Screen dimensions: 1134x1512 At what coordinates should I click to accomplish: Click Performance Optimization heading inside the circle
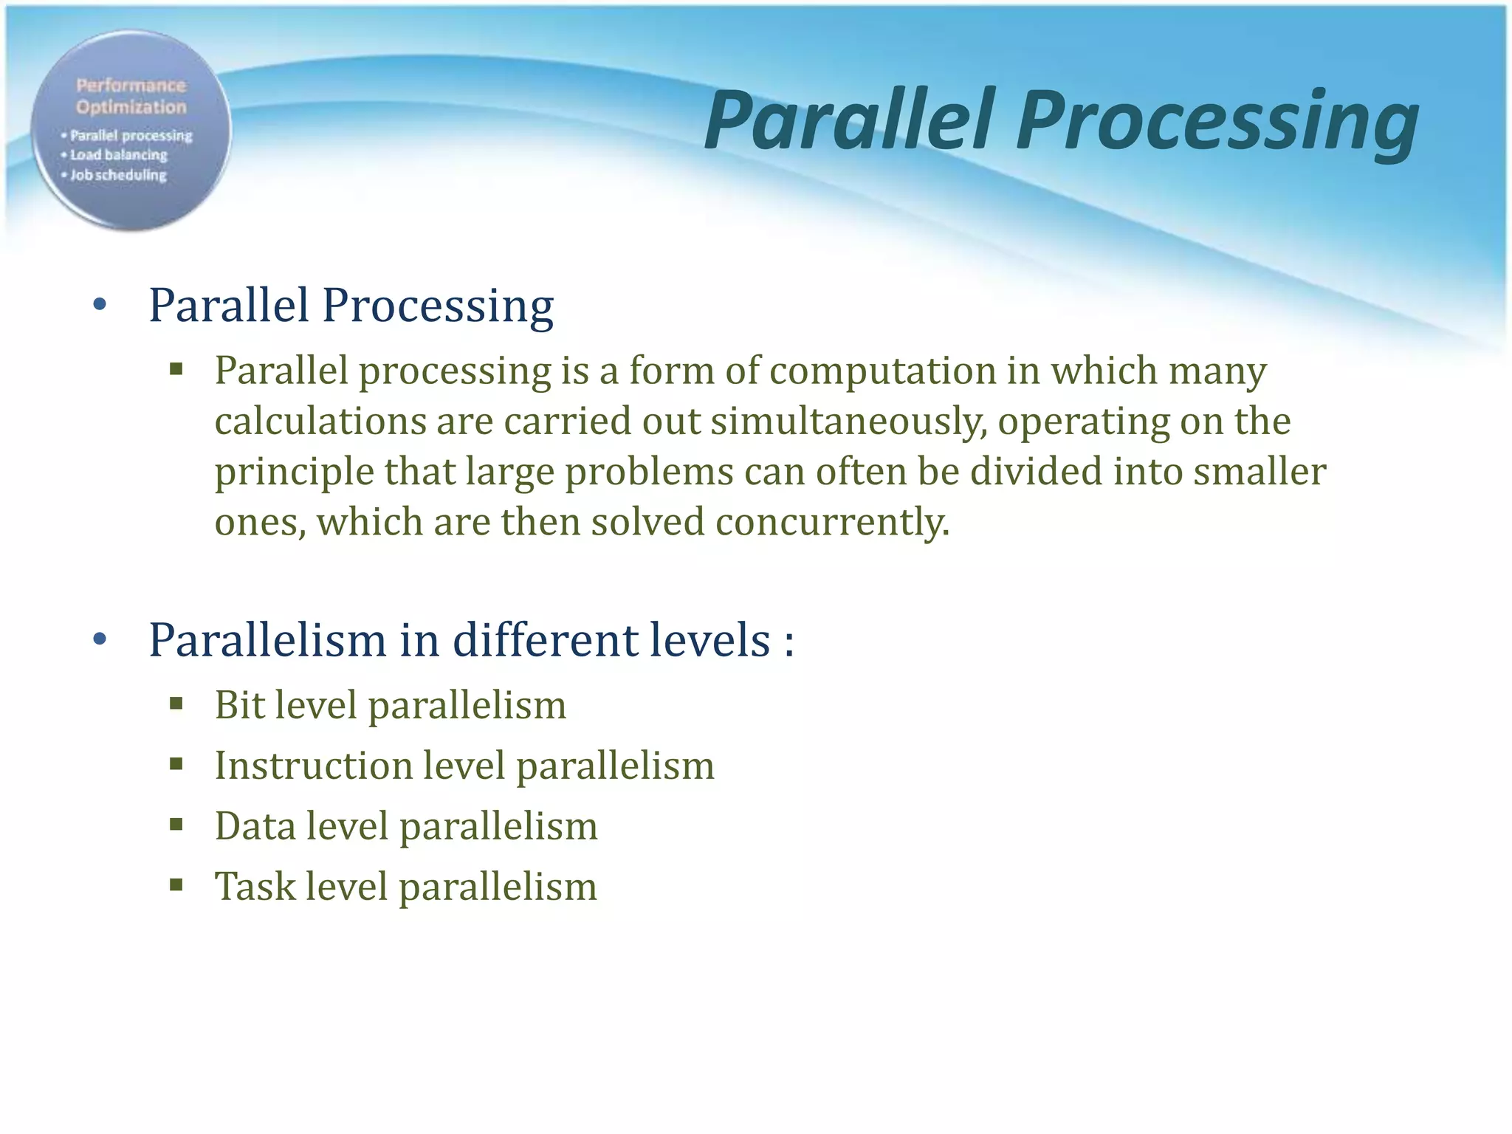click(131, 96)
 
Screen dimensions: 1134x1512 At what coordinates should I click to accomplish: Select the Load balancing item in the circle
click(118, 155)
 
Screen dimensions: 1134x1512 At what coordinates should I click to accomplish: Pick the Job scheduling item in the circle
click(118, 175)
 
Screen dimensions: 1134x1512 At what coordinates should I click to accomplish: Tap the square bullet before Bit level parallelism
click(176, 704)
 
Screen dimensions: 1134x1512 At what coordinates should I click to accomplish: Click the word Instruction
click(312, 765)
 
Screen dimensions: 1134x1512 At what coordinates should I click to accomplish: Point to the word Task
click(254, 886)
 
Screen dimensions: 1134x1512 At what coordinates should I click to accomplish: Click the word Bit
click(239, 704)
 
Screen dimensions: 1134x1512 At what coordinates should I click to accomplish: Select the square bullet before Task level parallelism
click(176, 885)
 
